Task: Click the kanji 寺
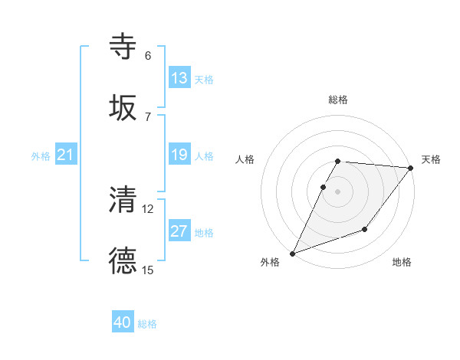point(123,47)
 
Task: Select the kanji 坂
point(123,109)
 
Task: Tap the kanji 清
point(123,201)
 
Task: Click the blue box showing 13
point(179,78)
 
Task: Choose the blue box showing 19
point(179,155)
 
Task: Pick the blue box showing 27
point(179,231)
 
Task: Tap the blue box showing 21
point(66,155)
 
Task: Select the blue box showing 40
point(123,322)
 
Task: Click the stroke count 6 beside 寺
point(148,56)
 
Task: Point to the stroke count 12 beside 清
point(148,208)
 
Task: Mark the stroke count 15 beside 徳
point(148,270)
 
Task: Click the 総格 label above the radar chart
point(338,100)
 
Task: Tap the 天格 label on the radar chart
point(431,159)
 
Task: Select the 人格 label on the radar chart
point(246,159)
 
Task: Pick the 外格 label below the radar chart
point(270,263)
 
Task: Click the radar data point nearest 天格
point(410,168)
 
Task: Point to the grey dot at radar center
point(338,191)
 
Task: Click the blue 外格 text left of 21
point(41,155)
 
